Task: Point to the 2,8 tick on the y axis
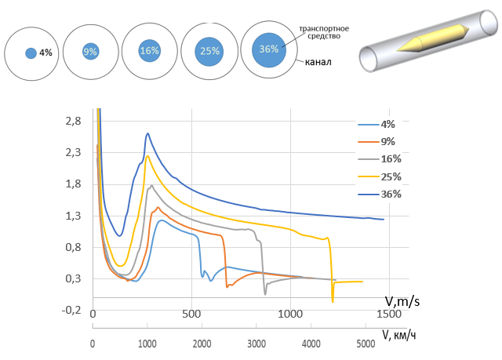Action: click(73, 121)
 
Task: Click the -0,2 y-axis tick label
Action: click(71, 310)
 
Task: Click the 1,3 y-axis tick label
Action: click(73, 216)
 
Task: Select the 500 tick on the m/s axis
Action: click(191, 315)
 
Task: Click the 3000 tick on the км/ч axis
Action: click(256, 344)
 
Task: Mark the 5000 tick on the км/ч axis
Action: click(365, 344)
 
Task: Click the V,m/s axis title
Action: click(404, 300)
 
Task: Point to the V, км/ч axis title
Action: click(401, 333)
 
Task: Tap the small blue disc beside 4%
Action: click(31, 53)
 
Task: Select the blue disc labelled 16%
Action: click(149, 50)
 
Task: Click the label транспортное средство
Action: click(325, 33)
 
